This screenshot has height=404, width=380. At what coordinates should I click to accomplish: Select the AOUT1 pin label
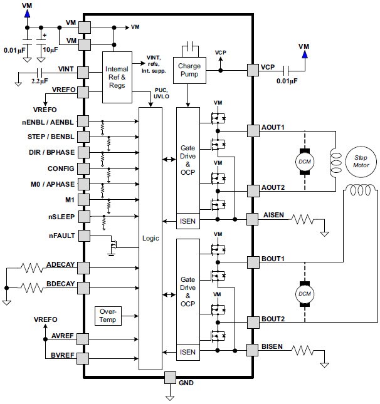pos(273,127)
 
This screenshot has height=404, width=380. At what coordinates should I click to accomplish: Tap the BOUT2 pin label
pos(273,319)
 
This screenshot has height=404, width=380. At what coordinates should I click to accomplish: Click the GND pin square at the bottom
pos(170,378)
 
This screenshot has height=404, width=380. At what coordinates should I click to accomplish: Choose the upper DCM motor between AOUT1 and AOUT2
pos(304,160)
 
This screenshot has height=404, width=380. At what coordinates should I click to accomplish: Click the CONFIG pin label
pos(61,168)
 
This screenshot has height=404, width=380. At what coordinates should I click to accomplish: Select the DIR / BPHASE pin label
pos(53,152)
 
